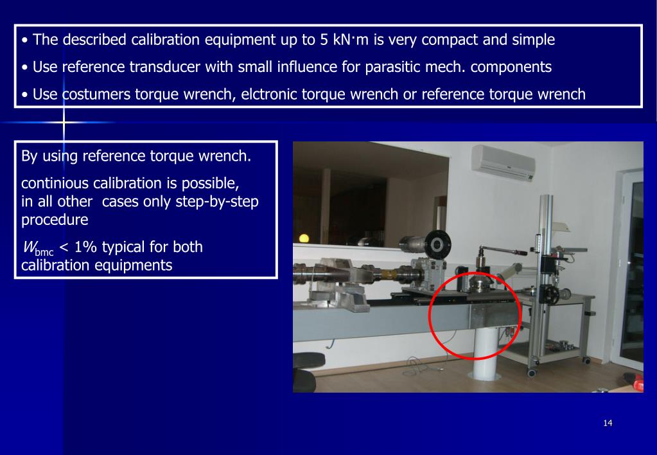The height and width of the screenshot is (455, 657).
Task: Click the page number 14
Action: point(608,422)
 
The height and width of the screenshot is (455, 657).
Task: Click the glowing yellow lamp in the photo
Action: point(304,238)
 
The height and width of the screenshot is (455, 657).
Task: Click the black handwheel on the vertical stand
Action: point(551,294)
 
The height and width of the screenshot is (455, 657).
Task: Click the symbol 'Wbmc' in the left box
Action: point(37,248)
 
